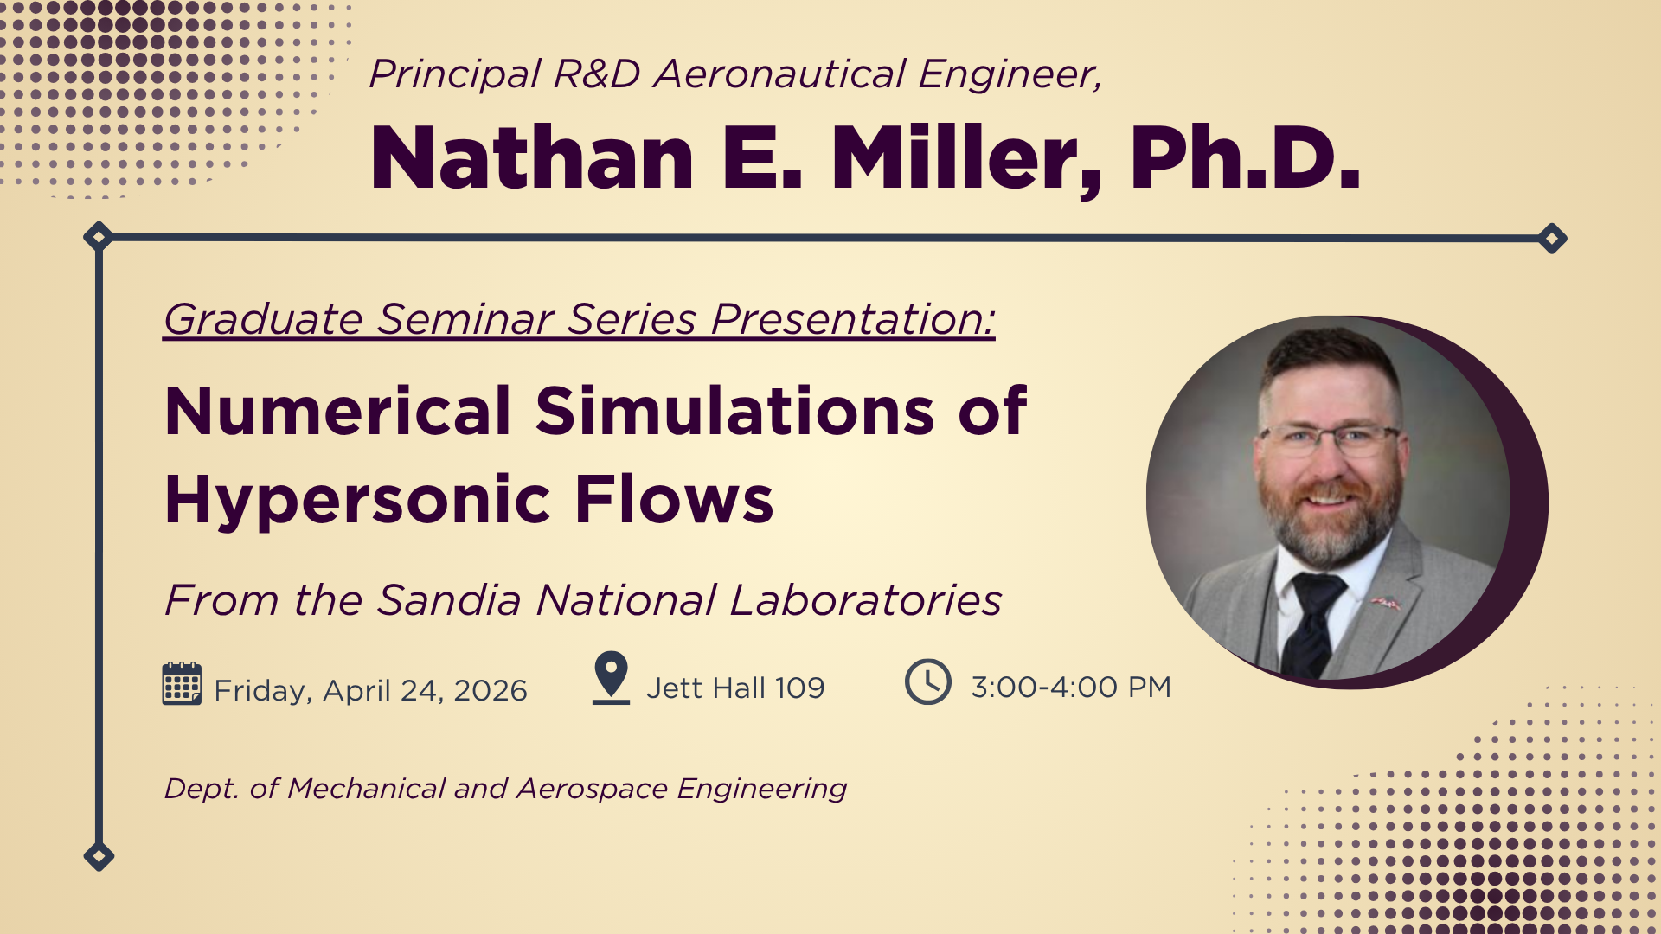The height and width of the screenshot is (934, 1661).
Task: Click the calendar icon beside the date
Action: tap(182, 683)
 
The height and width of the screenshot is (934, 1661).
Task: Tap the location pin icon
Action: tap(611, 677)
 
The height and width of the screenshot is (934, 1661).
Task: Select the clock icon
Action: tap(928, 681)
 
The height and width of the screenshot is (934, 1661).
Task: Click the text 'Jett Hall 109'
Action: tap(735, 688)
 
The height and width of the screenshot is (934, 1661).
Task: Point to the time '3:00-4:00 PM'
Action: tap(1071, 687)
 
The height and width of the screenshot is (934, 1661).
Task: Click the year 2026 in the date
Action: tap(491, 690)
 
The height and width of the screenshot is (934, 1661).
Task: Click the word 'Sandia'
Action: tap(449, 600)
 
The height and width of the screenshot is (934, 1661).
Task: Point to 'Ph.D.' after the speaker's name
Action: tap(1245, 157)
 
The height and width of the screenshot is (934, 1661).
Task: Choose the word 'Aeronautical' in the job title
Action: tap(779, 74)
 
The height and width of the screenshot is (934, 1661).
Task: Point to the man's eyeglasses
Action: tap(1331, 440)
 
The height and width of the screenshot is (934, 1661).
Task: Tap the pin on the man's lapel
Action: tap(1386, 603)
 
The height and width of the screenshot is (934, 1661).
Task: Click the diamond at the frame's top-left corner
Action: tap(99, 236)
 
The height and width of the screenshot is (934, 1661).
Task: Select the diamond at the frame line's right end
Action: tap(1552, 238)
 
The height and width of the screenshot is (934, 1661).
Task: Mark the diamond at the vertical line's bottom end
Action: tap(99, 856)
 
